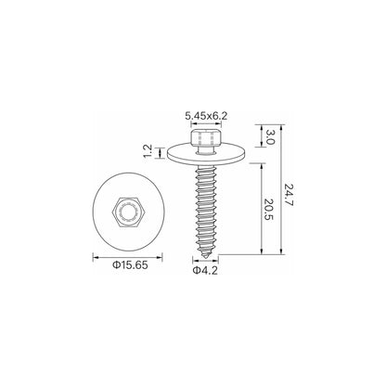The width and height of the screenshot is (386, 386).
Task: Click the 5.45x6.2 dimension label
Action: (x=206, y=116)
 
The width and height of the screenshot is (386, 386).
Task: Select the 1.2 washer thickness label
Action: (x=148, y=151)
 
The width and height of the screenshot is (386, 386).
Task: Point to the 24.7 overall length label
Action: (x=289, y=195)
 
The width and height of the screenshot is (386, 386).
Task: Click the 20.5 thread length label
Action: (x=270, y=210)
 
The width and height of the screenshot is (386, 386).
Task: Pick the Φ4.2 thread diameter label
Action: (x=205, y=270)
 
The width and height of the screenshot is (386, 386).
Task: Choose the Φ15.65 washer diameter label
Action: (x=130, y=265)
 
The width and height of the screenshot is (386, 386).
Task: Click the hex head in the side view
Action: (x=206, y=138)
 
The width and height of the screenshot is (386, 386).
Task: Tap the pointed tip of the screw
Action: (x=206, y=257)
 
